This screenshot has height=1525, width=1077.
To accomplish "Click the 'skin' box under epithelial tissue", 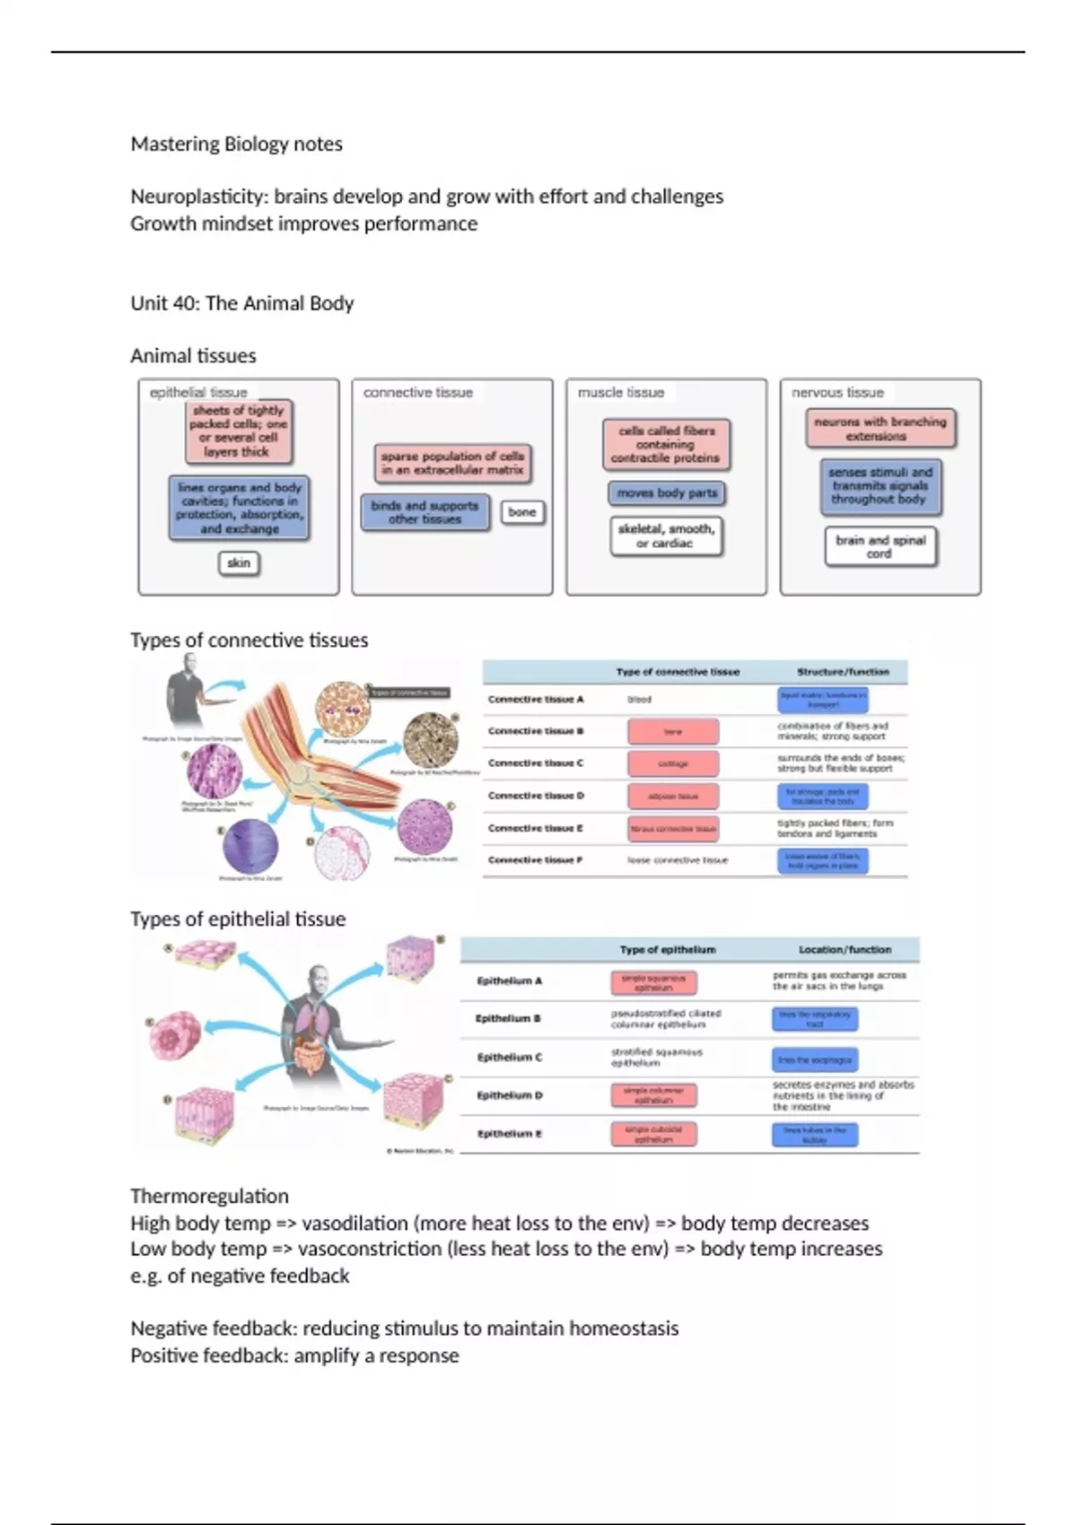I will pyautogui.click(x=239, y=562).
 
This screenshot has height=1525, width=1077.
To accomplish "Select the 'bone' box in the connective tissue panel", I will pyautogui.click(x=521, y=511).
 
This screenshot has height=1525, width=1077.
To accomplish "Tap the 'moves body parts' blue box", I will pyautogui.click(x=667, y=492).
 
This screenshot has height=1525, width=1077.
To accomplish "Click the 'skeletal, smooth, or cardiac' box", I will pyautogui.click(x=666, y=536).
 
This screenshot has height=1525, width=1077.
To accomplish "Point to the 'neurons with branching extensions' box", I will pyautogui.click(x=880, y=428).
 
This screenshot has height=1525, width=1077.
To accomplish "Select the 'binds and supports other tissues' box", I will pyautogui.click(x=425, y=511).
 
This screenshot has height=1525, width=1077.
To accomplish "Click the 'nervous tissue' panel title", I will pyautogui.click(x=837, y=392).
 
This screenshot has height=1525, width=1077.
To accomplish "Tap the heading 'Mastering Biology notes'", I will pyautogui.click(x=236, y=144).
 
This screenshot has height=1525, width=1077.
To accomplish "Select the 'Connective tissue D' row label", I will pyautogui.click(x=536, y=795).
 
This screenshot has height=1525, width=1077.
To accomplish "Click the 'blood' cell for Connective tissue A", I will pyautogui.click(x=639, y=699).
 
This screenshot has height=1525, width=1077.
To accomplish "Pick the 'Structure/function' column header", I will pyautogui.click(x=843, y=671).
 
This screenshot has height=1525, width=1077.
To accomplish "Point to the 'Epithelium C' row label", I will pyautogui.click(x=509, y=1057).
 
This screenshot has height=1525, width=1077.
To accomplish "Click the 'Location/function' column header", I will pyautogui.click(x=845, y=949).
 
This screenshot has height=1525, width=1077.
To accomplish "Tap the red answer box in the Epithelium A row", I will pyautogui.click(x=653, y=982).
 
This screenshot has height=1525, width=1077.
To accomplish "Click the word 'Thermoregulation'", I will pyautogui.click(x=209, y=1196).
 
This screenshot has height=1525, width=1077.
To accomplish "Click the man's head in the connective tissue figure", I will pyautogui.click(x=188, y=664).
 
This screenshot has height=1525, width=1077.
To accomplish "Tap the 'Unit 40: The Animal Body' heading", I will pyautogui.click(x=242, y=303).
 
